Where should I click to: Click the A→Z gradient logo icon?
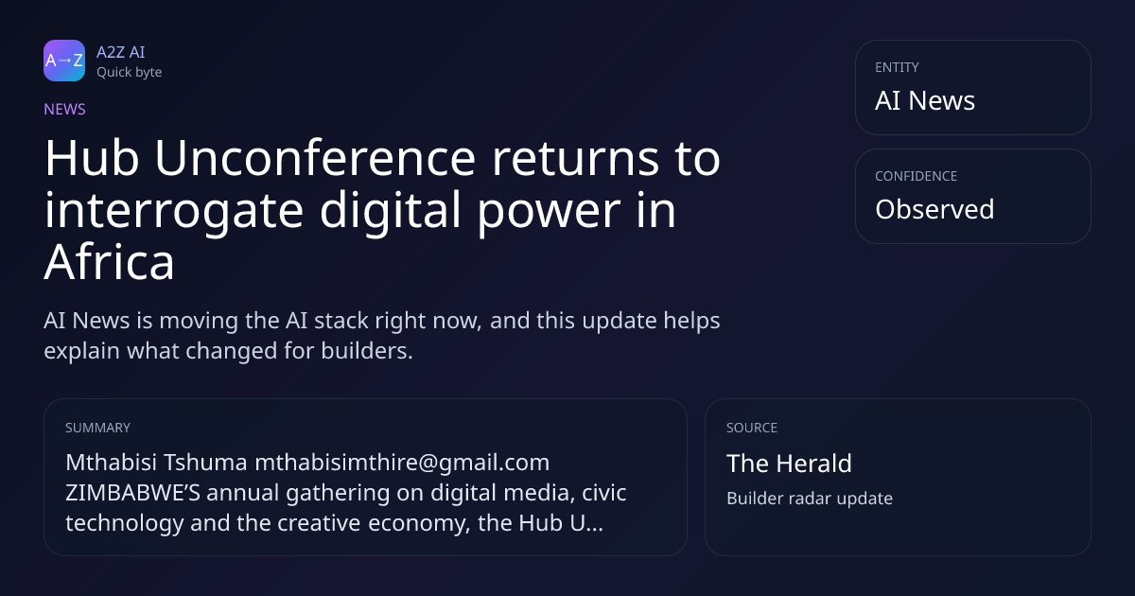pos(64,61)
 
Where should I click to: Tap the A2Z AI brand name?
pos(121,52)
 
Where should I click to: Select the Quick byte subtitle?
pos(130,73)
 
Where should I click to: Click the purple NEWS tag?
pos(65,110)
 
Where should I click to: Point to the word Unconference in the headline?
pos(315,158)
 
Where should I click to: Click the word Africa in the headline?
pos(110,262)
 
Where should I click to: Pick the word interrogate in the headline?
pos(174,213)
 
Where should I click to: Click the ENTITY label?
pos(897,67)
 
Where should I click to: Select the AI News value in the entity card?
pos(925,100)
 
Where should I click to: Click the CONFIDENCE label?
pos(917,176)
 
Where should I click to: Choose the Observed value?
pos(934,209)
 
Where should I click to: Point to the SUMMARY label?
pos(97,428)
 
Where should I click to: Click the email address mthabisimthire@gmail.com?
pos(402,464)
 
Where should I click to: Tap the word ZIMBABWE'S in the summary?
pos(132,493)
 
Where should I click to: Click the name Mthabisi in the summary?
pos(111,463)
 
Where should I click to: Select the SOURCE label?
pos(752,428)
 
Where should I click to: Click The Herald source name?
pos(789,464)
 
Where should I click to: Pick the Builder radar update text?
pos(810,499)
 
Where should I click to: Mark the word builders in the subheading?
pos(367,351)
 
